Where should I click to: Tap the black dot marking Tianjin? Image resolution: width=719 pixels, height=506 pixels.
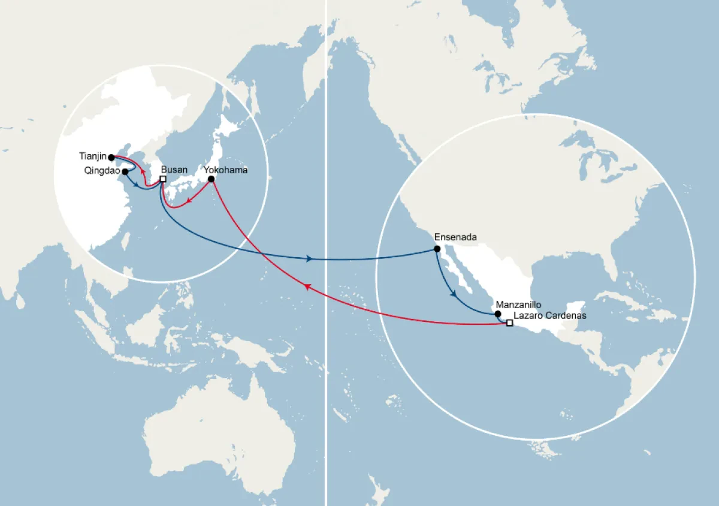coord(111,157)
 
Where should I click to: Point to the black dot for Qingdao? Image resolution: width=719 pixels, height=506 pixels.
coord(125,171)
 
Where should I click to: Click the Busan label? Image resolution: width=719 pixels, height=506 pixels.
coord(174,170)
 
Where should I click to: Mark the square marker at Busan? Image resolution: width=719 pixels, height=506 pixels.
coord(163,179)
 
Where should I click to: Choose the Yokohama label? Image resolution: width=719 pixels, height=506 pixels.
coord(226,170)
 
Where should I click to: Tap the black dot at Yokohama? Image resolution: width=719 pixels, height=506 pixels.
coord(211,179)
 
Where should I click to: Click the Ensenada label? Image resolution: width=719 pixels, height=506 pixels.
coord(455,237)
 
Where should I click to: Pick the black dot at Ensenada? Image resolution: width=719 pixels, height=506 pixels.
coord(437,249)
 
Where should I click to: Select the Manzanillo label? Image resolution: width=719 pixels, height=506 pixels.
coord(519,305)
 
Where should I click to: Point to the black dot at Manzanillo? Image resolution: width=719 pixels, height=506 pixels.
coord(497,314)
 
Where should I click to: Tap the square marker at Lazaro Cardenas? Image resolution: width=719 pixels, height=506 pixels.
coord(509,323)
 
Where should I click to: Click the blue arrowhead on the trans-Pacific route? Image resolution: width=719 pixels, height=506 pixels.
coord(309,259)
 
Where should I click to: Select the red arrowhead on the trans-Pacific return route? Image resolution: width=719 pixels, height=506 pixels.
coord(307,287)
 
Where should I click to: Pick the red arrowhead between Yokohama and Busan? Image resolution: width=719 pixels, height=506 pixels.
coord(189,201)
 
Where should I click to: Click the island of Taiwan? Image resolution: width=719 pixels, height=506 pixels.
coord(126,240)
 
